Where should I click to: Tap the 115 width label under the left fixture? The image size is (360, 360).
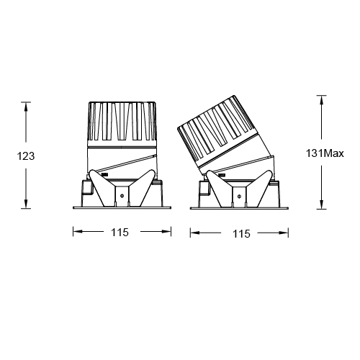point(120,233)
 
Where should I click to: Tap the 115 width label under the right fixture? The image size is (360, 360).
point(241,233)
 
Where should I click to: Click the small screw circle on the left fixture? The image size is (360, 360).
point(122,194)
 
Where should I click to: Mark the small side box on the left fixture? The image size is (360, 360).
point(85,189)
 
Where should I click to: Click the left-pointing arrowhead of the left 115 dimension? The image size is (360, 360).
point(76,232)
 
